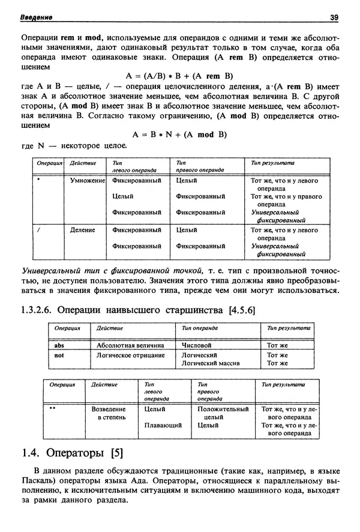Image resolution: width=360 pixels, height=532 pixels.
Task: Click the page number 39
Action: (x=334, y=17)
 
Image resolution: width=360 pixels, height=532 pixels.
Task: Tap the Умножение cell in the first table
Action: (x=88, y=180)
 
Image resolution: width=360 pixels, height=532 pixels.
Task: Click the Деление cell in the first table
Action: (x=83, y=230)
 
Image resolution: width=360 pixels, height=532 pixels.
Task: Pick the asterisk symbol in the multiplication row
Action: (x=38, y=179)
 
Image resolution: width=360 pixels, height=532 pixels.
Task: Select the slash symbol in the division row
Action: (x=38, y=229)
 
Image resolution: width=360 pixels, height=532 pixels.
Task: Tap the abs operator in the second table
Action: (x=59, y=346)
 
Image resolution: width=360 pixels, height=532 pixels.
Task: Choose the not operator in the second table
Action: (x=59, y=355)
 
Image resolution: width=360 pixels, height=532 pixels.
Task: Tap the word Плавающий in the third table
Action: (x=163, y=425)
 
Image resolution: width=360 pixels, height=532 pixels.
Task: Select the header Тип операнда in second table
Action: (x=198, y=328)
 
